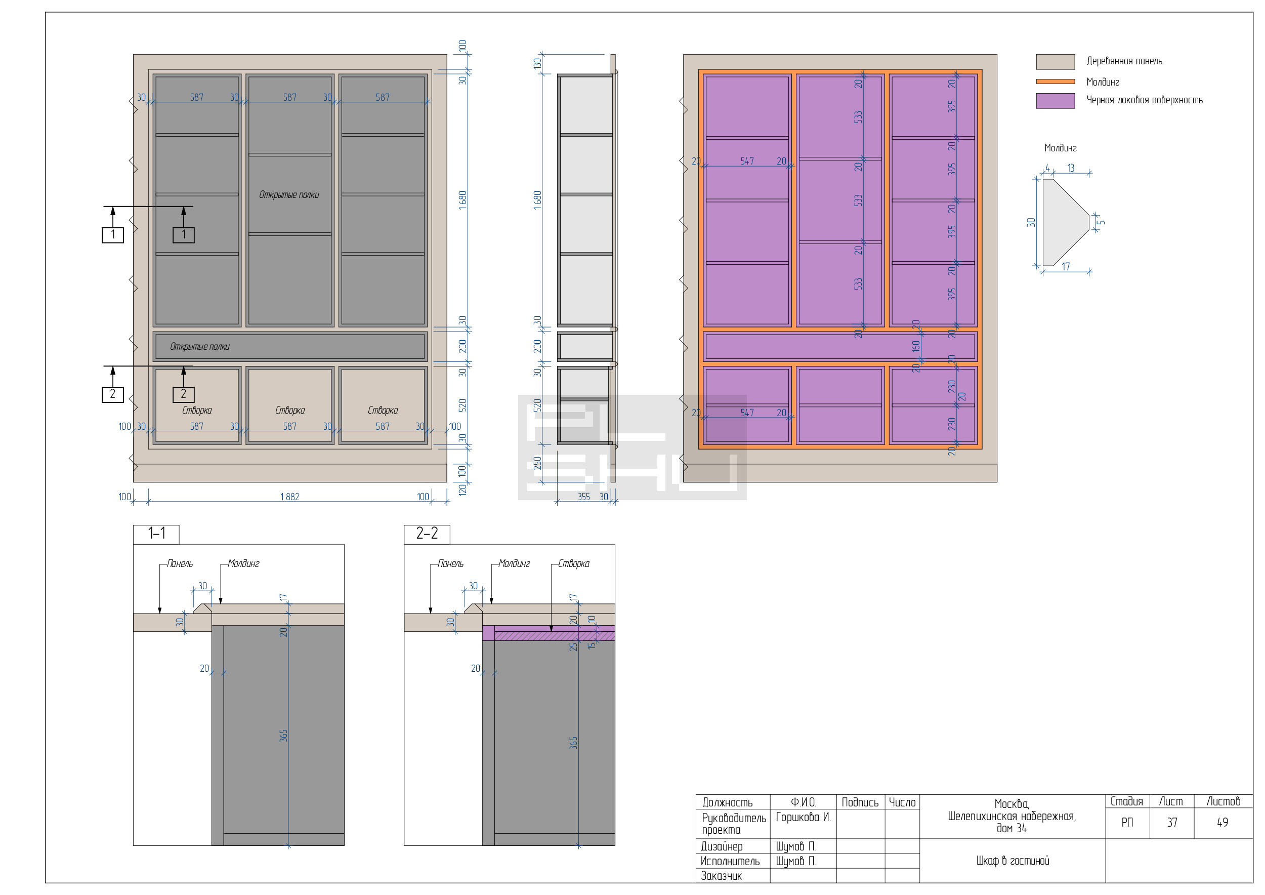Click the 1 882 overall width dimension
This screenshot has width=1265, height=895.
pos(290,497)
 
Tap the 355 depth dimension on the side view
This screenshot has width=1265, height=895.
pos(583,497)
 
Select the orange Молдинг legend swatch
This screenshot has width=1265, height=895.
pos(1055,82)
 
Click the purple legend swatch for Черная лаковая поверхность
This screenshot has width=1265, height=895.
pos(1055,101)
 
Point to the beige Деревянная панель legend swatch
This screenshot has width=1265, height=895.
pos(1055,62)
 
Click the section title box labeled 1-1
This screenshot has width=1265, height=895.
pos(156,534)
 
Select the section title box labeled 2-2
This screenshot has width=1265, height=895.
pos(427,534)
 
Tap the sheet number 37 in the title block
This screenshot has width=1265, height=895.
pos(1172,822)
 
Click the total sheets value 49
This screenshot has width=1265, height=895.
pos(1222,822)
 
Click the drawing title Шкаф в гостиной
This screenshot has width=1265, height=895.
pos(1013,860)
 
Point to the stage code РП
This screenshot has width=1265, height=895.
pos(1127,822)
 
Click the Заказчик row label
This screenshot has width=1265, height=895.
pos(721,876)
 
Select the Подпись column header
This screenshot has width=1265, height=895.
pos(860,802)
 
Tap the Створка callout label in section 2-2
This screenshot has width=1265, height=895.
pos(573,563)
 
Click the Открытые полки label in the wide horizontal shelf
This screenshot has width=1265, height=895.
pos(199,347)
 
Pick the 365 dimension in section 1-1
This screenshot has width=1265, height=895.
pos(284,735)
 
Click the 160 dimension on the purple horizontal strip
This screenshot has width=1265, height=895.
pos(916,346)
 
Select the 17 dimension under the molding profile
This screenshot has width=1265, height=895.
pos(1066,266)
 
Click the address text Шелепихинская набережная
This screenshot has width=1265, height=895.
pos(1011,816)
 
